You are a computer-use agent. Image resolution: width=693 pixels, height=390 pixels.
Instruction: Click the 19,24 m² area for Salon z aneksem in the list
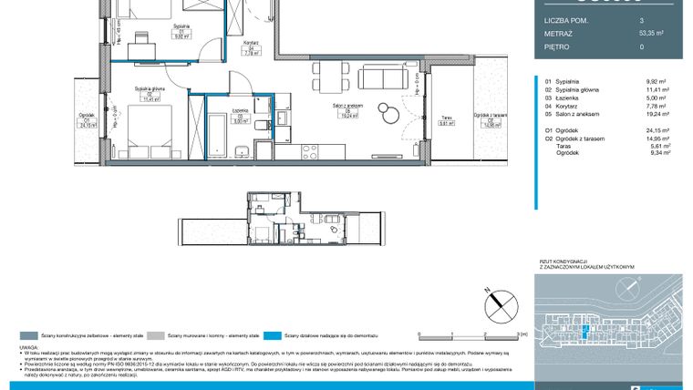[657, 116]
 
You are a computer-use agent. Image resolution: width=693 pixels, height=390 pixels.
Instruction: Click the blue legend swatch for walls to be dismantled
[277, 335]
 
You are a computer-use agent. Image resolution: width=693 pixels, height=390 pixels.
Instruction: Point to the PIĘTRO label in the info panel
[558, 46]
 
